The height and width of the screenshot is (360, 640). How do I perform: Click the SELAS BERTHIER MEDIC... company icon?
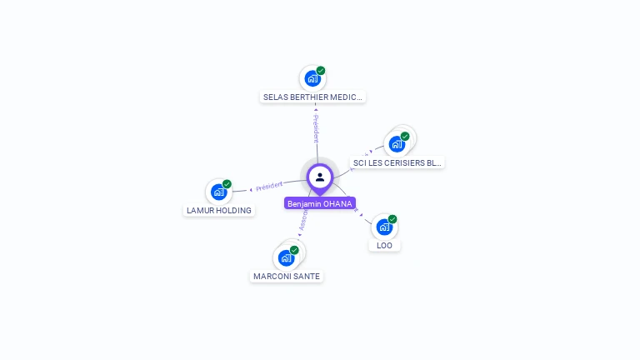(x=312, y=79)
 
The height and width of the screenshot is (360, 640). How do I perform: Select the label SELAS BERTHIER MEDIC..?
(x=312, y=97)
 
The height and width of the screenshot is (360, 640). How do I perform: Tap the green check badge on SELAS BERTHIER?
(x=321, y=71)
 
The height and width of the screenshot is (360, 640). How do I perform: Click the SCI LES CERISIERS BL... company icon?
(x=397, y=144)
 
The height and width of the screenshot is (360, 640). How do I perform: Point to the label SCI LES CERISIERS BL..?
(x=397, y=162)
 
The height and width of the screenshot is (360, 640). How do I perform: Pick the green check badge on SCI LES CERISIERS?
(x=405, y=136)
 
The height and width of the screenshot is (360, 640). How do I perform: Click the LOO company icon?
(x=383, y=227)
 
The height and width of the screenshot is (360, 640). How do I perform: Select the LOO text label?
(x=384, y=245)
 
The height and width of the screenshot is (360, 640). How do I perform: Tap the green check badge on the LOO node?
(x=392, y=219)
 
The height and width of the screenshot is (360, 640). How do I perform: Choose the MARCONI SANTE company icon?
(x=286, y=257)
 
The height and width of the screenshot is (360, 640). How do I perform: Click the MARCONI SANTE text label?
(x=286, y=276)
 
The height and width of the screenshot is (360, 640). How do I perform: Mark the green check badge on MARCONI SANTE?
(x=294, y=250)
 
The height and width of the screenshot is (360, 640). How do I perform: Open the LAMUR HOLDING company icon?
(x=218, y=192)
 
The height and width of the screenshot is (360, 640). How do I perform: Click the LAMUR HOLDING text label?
(x=218, y=210)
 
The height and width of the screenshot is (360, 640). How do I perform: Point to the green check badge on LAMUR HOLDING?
(x=227, y=184)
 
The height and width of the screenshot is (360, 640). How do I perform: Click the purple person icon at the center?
(x=320, y=177)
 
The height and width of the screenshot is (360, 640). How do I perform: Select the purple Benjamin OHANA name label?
(x=320, y=202)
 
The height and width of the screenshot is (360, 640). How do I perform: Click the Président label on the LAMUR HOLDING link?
(x=269, y=186)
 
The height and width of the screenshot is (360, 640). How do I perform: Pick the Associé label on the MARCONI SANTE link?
(x=303, y=219)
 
